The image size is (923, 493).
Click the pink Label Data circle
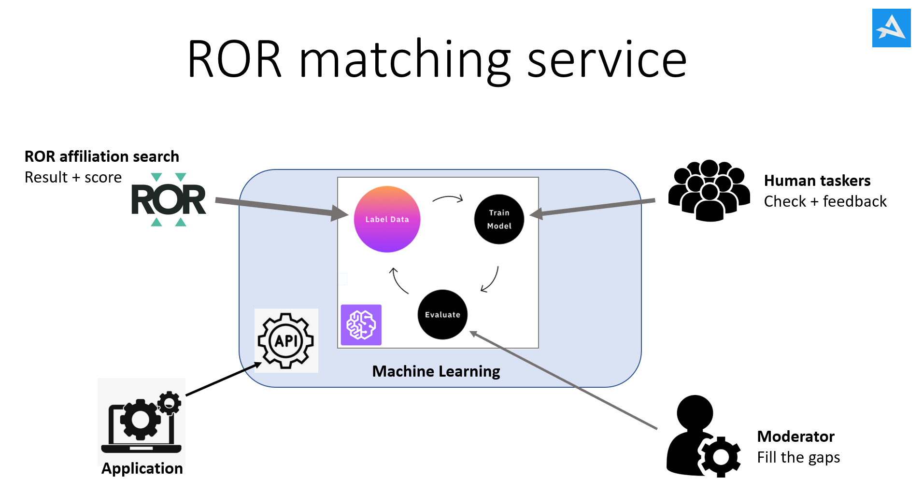(387, 219)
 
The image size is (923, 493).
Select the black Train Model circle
(499, 219)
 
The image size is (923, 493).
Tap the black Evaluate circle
(442, 314)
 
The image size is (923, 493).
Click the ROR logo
(169, 199)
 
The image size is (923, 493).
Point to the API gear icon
(286, 340)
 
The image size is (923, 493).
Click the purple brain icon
(361, 324)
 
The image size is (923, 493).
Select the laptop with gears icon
(142, 421)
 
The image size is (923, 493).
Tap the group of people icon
(709, 190)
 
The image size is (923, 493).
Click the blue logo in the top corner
(891, 28)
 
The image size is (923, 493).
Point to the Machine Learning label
(436, 371)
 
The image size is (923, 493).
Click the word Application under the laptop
(142, 468)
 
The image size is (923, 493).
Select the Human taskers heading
(817, 181)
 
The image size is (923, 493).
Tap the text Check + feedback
(825, 201)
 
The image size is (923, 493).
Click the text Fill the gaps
(798, 457)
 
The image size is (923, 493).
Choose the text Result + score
(73, 177)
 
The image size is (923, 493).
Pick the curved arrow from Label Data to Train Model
(448, 198)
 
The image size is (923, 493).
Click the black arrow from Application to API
(222, 380)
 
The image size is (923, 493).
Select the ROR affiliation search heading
(101, 156)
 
